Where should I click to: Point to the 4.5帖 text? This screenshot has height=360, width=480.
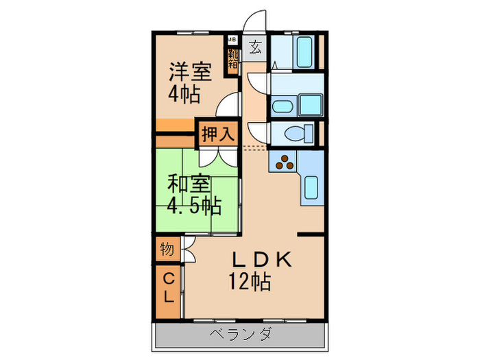coord(194,205)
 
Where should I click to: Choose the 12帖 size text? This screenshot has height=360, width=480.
coord(250,281)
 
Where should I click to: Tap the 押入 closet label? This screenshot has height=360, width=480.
coord(217,134)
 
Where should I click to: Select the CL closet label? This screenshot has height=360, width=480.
coord(168,288)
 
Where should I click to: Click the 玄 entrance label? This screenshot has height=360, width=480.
coord(254,47)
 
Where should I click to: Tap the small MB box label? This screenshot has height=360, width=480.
coord(232,39)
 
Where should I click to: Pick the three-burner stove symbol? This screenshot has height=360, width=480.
coord(285,163)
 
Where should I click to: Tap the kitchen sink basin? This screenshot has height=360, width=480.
coord(311,186)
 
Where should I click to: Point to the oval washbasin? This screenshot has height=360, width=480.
coord(281,107)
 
